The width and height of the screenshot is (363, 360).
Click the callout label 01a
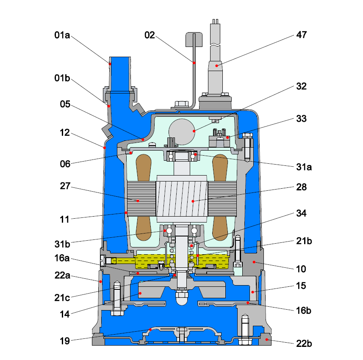coord(62,35)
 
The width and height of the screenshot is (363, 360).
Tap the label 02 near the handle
coord(150,35)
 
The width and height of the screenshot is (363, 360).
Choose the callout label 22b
coord(302,343)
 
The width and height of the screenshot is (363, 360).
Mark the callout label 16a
coord(62,257)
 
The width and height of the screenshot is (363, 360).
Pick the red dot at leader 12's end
coord(104,148)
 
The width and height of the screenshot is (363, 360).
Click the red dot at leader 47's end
coord(217,65)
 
